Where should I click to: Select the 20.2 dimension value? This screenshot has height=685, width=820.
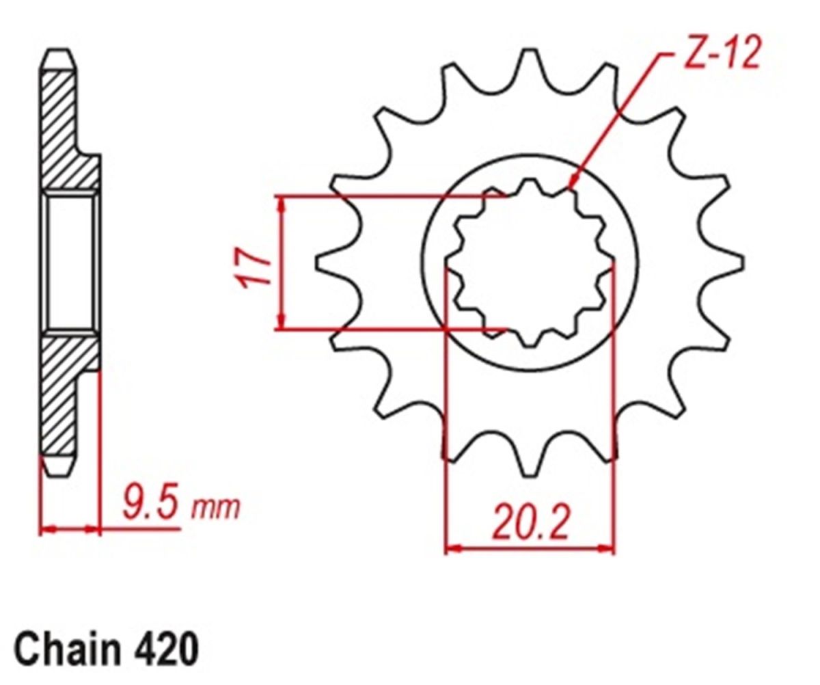[530, 522]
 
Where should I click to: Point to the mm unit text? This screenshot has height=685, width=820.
[215, 510]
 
